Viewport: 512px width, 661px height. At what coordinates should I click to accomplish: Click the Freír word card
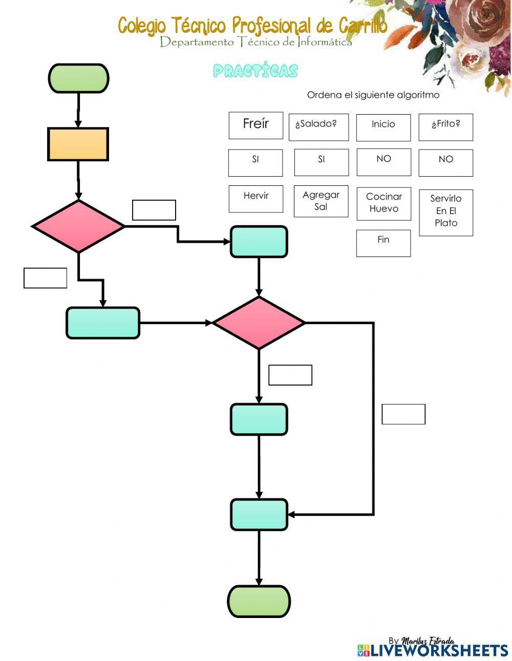255,125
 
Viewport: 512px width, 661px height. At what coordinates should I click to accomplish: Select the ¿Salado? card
318,127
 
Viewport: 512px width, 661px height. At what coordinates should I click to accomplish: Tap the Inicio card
383,127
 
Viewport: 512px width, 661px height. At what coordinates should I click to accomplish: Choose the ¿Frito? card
445,127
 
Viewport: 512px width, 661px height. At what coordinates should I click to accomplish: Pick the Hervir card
255,199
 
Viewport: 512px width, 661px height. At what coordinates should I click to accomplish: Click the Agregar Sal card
321,201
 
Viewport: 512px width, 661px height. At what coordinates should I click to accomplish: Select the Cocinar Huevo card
383,203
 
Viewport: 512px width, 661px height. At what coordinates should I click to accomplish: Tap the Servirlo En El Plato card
445,212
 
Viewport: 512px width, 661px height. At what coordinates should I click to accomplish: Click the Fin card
383,243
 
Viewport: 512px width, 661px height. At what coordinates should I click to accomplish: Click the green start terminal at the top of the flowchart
78,78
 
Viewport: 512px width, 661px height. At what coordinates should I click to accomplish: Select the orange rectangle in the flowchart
78,144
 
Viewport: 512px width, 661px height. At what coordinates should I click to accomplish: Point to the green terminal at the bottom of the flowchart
259,601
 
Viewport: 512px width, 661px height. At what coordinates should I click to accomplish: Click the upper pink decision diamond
78,226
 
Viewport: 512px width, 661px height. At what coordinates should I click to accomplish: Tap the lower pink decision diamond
259,323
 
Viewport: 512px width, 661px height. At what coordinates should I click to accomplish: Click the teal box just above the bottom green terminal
259,515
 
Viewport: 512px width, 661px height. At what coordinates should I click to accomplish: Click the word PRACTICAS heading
255,71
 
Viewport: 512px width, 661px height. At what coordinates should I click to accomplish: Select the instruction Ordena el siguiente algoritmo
373,95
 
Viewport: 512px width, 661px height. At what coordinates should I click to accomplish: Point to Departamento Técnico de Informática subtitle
255,42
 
